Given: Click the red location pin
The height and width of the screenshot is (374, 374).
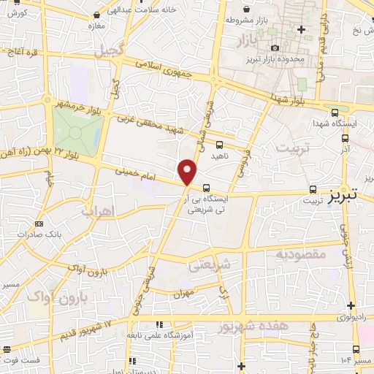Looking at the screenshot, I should (x=188, y=172).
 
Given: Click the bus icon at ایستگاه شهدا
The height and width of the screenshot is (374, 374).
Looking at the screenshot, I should (x=335, y=112).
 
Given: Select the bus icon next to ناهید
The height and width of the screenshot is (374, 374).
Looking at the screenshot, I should (x=220, y=144).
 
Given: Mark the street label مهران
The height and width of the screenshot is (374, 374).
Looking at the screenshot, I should (x=183, y=294).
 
